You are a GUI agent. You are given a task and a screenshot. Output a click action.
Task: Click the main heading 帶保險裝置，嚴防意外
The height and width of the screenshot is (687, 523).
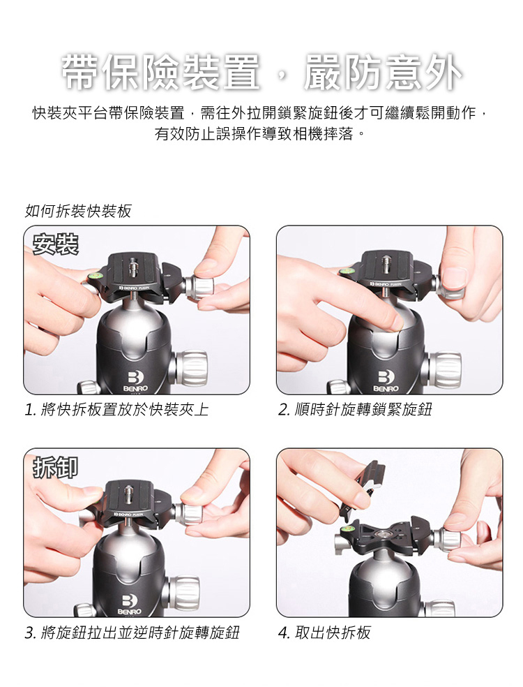[x=261, y=73]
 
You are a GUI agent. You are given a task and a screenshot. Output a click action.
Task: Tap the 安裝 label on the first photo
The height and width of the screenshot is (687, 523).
[x=56, y=244]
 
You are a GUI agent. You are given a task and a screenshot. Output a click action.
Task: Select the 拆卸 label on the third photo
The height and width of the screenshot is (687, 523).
[x=56, y=466]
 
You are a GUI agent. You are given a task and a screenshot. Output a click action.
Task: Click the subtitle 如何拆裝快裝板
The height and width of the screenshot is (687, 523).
[x=78, y=212]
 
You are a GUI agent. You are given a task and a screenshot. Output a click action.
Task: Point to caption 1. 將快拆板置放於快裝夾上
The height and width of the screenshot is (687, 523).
[x=117, y=409]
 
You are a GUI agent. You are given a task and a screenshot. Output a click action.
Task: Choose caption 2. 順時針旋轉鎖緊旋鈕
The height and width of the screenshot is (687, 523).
[x=356, y=409]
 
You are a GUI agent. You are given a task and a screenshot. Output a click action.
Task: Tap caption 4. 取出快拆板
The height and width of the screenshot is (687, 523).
[x=324, y=633]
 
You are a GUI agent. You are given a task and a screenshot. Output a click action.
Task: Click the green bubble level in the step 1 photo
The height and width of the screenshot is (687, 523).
[x=94, y=276]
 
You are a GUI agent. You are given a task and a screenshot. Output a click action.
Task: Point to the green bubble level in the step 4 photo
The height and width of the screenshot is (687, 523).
[x=349, y=528]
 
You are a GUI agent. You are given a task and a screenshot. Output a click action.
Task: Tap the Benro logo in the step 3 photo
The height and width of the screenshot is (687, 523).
[x=129, y=604]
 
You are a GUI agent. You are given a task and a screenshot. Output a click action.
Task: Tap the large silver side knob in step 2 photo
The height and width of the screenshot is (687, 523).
[x=444, y=370]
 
